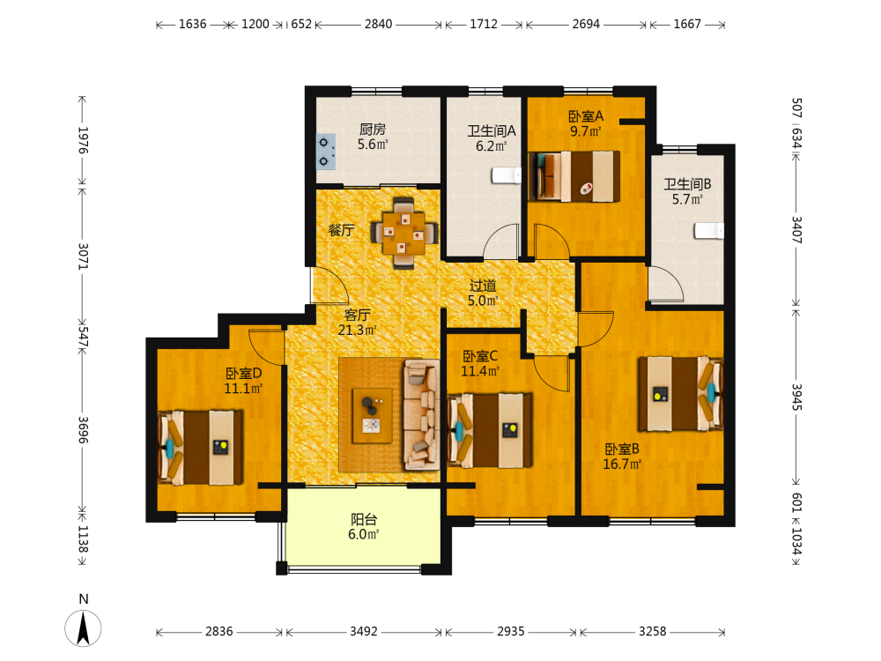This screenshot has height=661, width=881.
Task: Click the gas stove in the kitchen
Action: click(x=325, y=152)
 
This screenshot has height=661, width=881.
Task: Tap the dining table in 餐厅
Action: click(x=403, y=232)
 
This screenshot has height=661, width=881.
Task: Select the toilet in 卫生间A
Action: click(x=507, y=175)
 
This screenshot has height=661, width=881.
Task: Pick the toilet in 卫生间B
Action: click(x=708, y=230)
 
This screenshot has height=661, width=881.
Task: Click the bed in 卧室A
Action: click(x=574, y=176)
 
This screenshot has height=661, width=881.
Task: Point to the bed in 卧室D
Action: click(x=201, y=448)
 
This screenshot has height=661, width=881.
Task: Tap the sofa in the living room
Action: click(x=421, y=415)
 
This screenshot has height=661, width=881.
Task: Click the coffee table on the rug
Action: click(x=372, y=415)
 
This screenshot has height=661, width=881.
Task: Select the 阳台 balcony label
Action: click(x=364, y=519)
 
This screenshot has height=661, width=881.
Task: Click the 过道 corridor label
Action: click(x=483, y=286)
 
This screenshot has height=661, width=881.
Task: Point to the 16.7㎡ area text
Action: click(x=622, y=464)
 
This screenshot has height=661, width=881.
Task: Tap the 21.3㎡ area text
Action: click(x=357, y=330)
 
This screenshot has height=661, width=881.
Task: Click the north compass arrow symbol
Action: click(x=83, y=628)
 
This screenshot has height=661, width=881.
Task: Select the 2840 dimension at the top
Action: click(x=378, y=24)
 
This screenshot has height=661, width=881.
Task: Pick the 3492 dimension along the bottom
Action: click(x=364, y=632)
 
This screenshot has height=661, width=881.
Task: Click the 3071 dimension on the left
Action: click(x=83, y=256)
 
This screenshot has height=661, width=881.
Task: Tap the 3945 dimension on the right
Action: click(x=796, y=397)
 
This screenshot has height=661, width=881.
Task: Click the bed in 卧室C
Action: click(x=490, y=430)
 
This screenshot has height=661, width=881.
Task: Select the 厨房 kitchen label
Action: click(x=373, y=130)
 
